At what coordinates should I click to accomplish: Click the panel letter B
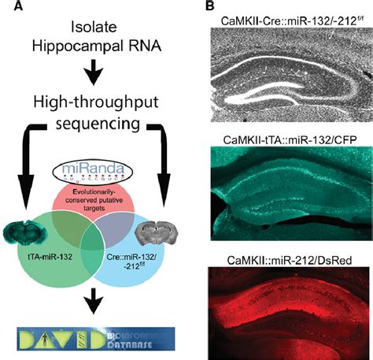tap(210, 7)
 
